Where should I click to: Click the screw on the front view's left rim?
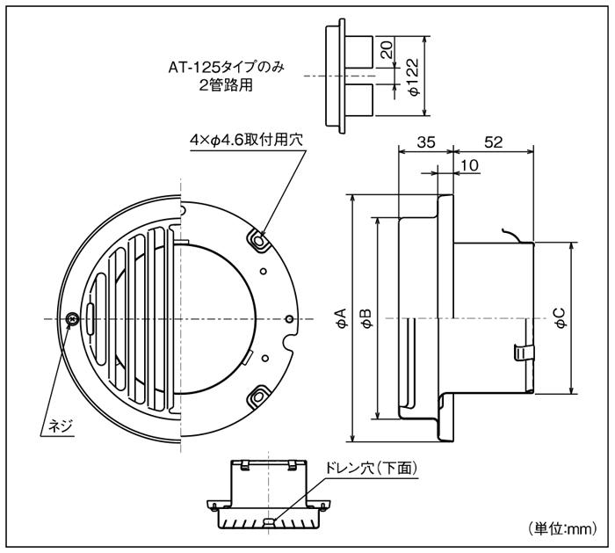click(x=72, y=317)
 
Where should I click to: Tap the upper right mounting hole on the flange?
click(x=258, y=238)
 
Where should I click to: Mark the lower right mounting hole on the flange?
click(x=258, y=397)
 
